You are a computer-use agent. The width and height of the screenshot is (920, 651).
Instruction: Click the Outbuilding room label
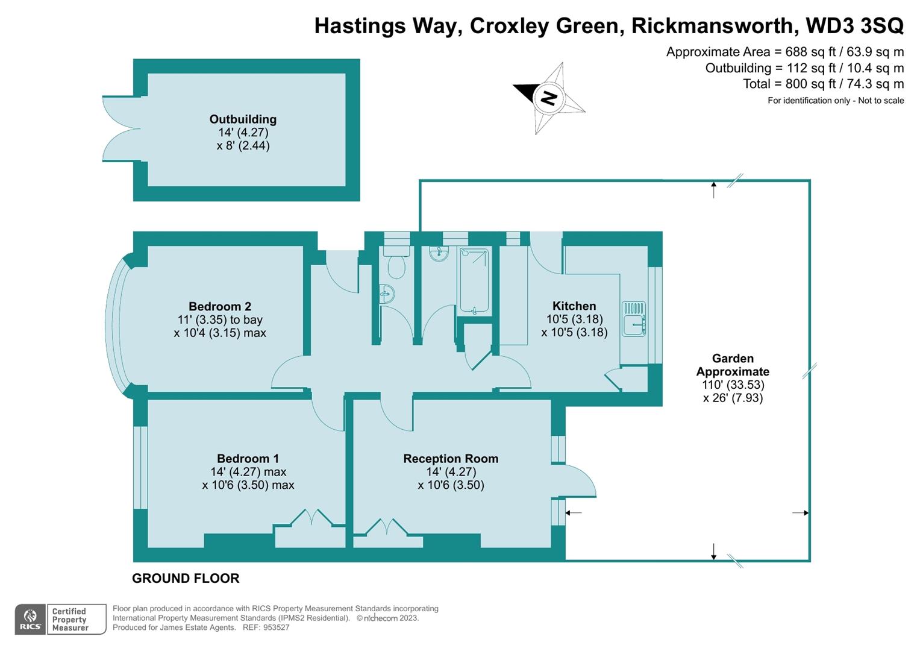tap(243, 119)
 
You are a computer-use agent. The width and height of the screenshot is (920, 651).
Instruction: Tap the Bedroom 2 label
tap(220, 306)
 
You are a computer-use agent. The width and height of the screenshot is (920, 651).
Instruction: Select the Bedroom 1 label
tap(248, 459)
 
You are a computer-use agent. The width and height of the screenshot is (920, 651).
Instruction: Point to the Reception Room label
tap(451, 459)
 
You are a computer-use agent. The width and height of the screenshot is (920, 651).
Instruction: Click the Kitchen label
tap(574, 306)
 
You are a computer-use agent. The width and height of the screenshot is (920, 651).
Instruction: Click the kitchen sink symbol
tap(634, 318)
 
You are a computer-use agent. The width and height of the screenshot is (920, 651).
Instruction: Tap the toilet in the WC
tap(396, 263)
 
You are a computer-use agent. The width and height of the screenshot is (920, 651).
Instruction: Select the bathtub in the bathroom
tap(474, 281)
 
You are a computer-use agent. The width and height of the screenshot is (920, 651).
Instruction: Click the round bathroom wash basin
tap(439, 253)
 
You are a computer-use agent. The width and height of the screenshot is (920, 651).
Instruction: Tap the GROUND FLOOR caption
tap(186, 578)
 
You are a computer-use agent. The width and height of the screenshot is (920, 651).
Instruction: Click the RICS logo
tap(30, 620)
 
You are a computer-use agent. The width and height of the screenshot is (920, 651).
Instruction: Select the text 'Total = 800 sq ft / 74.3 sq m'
tap(823, 84)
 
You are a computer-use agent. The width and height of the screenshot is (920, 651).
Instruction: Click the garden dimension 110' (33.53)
tap(733, 385)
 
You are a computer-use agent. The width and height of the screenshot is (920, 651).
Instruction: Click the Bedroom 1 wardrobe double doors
tap(311, 518)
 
